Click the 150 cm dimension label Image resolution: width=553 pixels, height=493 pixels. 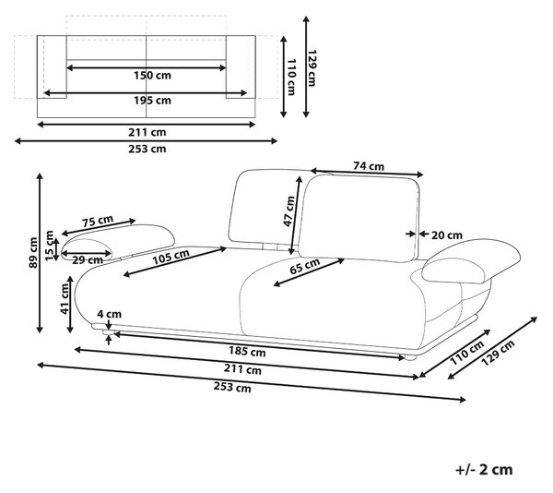tap(152, 75)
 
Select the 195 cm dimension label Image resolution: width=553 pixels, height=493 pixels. tap(152, 101)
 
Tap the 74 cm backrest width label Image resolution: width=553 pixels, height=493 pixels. tap(369, 166)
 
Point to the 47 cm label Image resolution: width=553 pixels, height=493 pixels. tap(288, 211)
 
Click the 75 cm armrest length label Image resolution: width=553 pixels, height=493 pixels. tap(98, 221)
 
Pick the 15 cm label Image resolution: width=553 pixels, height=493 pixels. tap(50, 246)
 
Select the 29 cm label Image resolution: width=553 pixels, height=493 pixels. tap(88, 260)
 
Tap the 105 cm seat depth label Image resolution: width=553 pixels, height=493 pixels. tap(171, 257)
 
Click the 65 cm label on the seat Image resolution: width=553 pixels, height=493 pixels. tap(305, 266)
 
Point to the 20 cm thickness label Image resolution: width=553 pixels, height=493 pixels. tap(447, 235)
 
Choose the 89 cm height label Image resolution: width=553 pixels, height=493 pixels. tap(33, 252)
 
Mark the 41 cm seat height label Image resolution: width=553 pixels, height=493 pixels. tap(65, 299)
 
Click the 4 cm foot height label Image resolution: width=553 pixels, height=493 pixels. tap(110, 314)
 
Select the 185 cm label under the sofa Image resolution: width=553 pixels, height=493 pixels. tap(247, 352)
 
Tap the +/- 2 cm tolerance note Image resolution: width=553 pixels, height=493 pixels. tap(484, 470)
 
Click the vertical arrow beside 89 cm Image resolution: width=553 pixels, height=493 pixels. tap(40, 253)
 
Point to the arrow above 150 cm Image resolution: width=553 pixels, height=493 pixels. tap(146, 67)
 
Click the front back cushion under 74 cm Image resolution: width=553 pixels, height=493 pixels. tap(359, 218)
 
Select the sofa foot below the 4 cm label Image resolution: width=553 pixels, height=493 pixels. tap(108, 332)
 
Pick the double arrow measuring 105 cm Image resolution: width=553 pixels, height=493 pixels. tap(175, 261)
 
